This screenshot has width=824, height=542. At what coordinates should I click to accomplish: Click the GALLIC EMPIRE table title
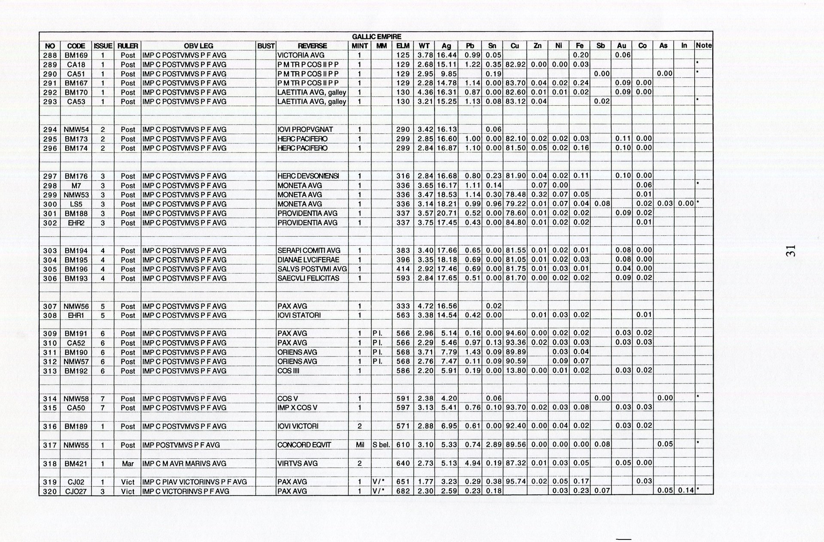(x=376, y=37)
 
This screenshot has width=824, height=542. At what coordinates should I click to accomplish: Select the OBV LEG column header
(x=198, y=46)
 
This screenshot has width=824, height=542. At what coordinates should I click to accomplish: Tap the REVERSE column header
(x=312, y=46)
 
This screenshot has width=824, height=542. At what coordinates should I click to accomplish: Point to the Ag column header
(x=446, y=46)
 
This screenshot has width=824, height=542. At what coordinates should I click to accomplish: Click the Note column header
(x=703, y=46)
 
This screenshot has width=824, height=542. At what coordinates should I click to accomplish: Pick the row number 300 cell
(x=50, y=204)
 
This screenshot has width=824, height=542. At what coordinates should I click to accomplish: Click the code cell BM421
(x=76, y=464)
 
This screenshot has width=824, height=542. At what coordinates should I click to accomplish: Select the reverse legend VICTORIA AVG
(x=301, y=55)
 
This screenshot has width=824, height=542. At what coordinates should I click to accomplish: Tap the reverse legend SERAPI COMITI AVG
(x=309, y=251)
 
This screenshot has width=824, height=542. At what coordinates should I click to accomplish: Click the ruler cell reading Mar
(x=128, y=464)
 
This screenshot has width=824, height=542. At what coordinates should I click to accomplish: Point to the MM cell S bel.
(x=381, y=445)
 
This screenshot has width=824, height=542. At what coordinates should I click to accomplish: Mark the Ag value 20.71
(x=447, y=213)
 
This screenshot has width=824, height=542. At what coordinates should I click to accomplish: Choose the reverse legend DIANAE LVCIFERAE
(x=308, y=260)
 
